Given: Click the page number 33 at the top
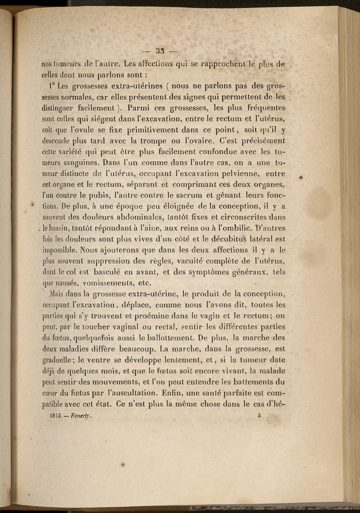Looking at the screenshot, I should tap(161, 50).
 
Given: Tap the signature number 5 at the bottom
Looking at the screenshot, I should tap(260, 415).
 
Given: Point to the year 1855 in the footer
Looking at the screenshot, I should tap(56, 416).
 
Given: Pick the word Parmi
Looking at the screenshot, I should tap(140, 108).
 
